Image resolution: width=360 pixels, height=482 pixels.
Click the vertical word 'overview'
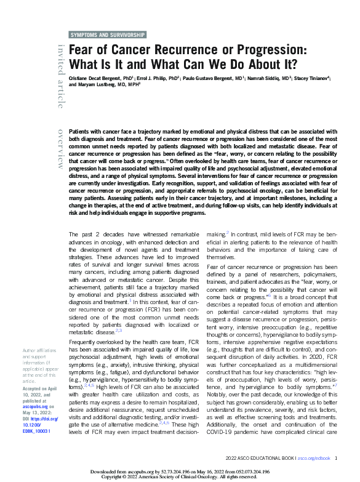[x=60, y=148]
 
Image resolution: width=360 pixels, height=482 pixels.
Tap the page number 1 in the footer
[x=336, y=459]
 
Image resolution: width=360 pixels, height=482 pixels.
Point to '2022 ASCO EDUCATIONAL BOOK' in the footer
[x=261, y=459]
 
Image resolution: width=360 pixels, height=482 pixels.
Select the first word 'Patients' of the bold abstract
[x=80, y=132]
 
